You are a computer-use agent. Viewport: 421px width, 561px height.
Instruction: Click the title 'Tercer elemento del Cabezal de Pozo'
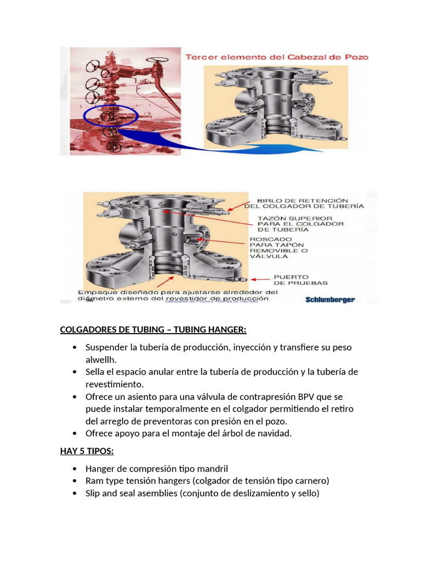point(276,56)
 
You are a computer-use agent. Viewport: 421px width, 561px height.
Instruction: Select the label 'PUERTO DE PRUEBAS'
point(300,279)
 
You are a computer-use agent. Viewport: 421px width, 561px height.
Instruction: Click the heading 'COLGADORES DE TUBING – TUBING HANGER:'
point(153,329)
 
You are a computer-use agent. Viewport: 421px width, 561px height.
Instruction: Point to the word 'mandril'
point(212,468)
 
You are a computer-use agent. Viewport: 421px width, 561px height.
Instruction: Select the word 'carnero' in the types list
point(310,480)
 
